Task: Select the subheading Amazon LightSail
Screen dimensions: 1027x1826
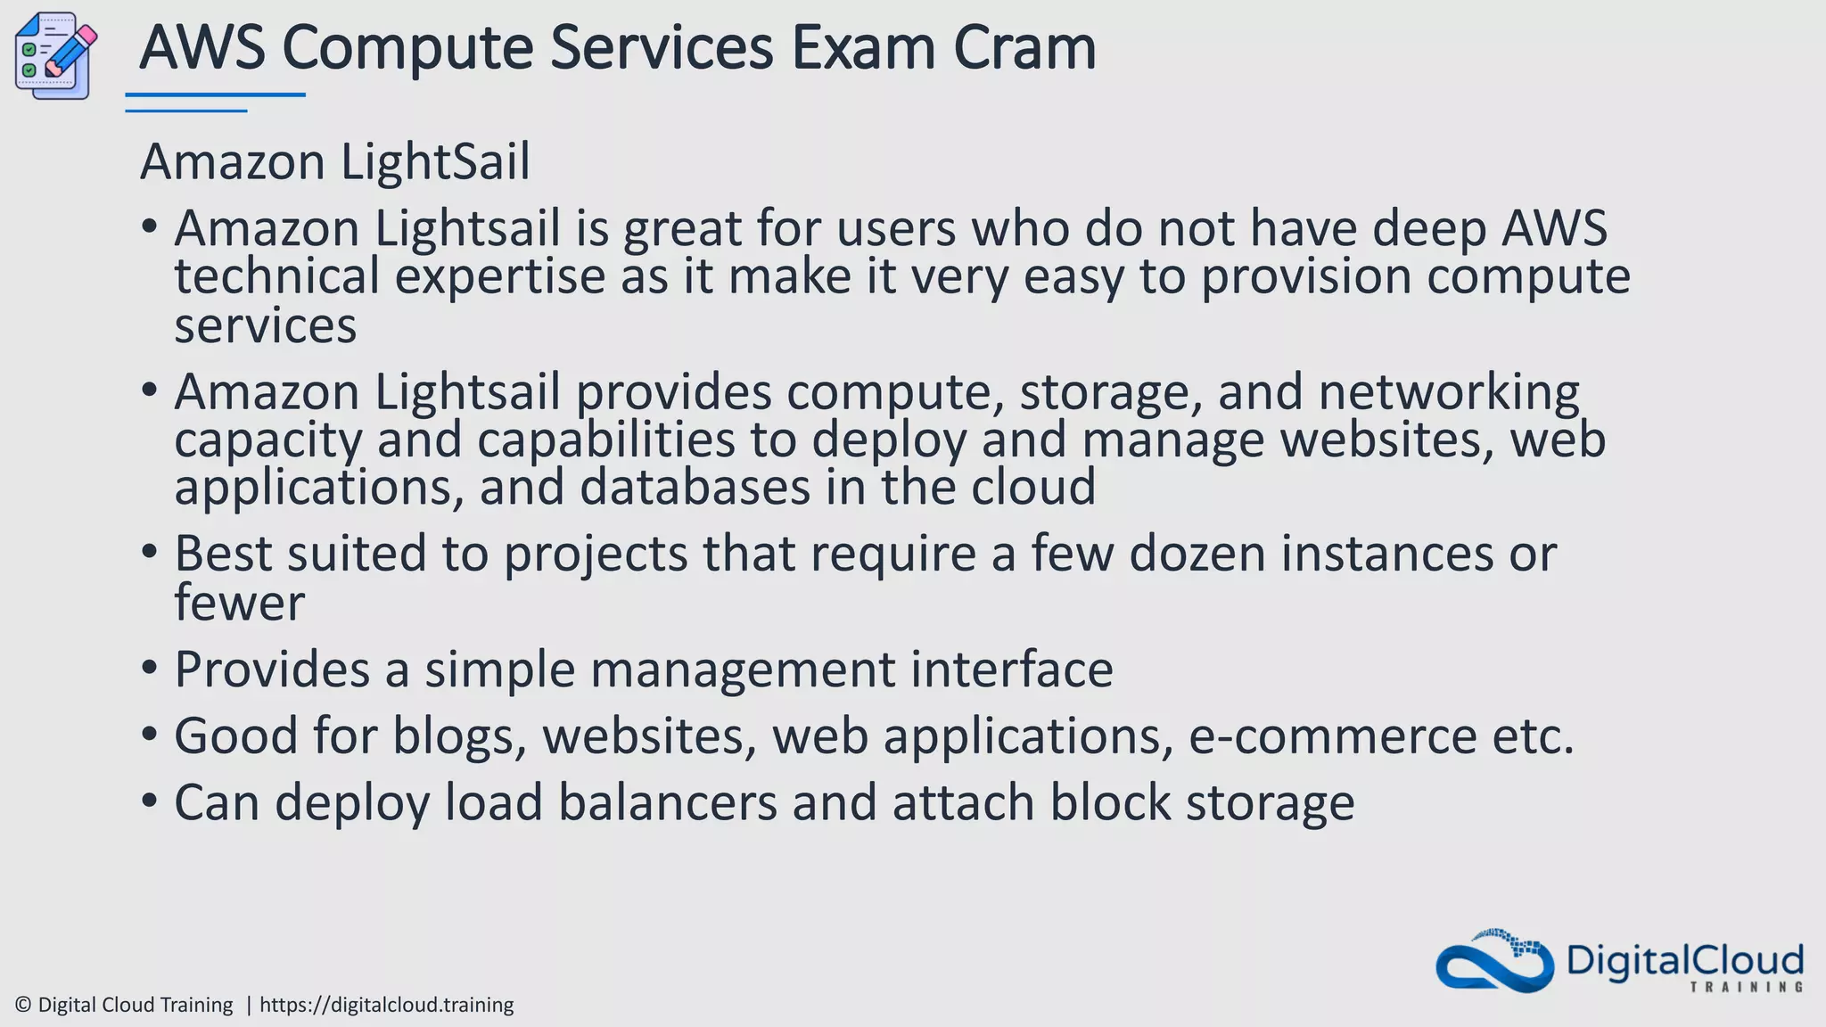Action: coord(335,162)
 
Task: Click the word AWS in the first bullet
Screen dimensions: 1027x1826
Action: coord(1554,228)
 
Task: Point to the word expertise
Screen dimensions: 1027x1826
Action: coord(499,276)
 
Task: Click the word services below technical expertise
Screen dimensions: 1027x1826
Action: coord(265,325)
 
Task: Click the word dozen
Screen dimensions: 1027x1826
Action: coord(1197,554)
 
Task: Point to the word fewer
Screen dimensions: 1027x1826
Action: coord(239,603)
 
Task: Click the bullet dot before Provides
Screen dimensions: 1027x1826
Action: coord(150,668)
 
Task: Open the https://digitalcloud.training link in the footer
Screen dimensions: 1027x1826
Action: coord(386,1005)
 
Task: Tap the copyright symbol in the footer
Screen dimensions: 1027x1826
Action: coord(23,1005)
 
